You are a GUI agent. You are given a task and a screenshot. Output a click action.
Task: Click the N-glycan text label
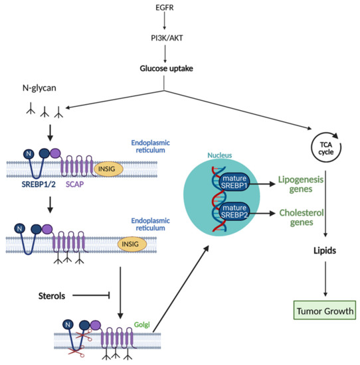pos(36,89)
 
